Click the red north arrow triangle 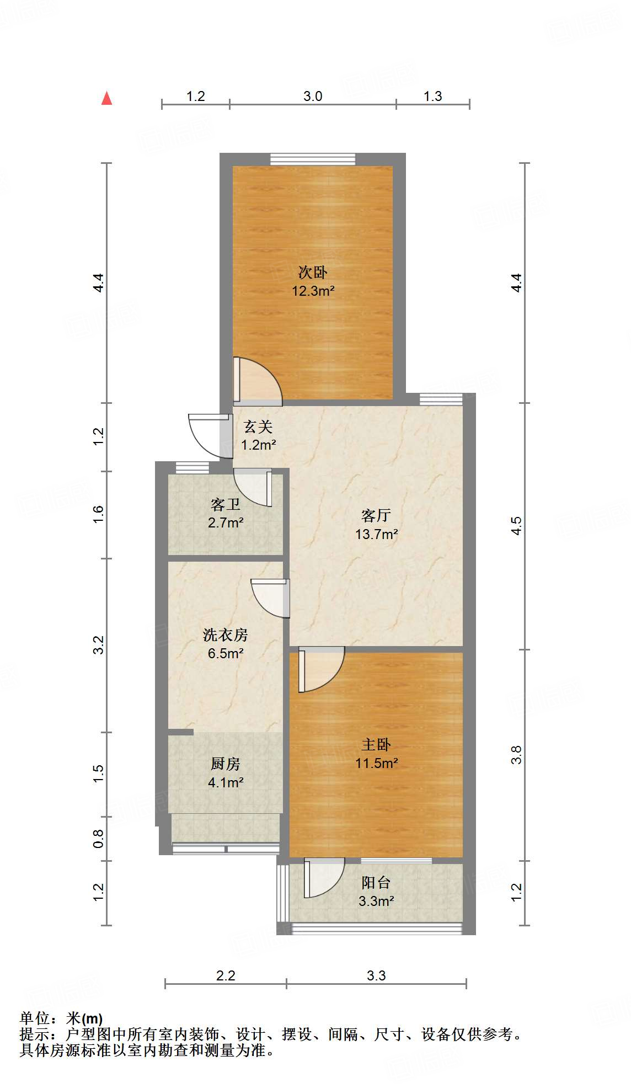pos(107,98)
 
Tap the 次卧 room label pos(313,272)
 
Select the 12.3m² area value pos(313,291)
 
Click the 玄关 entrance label pos(258,426)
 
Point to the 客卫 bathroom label pos(226,504)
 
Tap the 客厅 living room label pos(376,515)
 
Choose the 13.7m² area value pos(377,534)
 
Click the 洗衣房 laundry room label pos(226,635)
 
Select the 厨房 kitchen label pos(226,764)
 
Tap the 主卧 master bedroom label pos(376,745)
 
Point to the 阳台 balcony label pos(376,883)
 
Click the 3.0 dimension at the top pos(313,97)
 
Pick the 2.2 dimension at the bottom pos(226,975)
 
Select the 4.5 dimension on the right pos(516,526)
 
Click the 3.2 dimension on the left pos(98,645)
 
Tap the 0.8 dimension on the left pos(98,839)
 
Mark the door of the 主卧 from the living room pos(322,669)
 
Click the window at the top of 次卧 pos(313,159)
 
